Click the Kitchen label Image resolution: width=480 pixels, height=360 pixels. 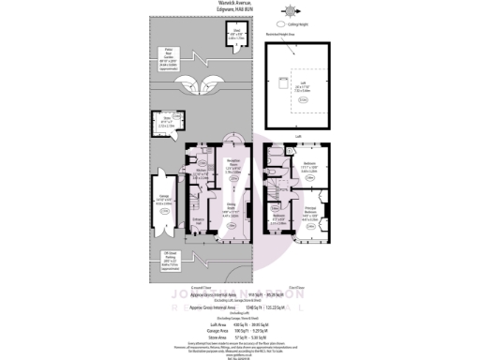(x=200, y=171)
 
